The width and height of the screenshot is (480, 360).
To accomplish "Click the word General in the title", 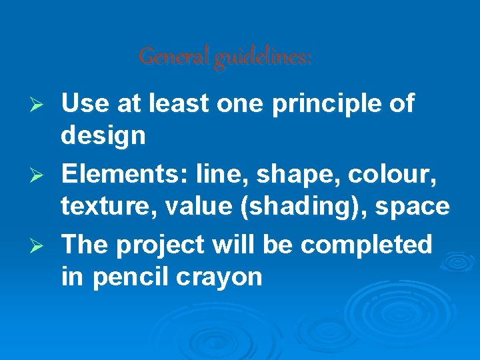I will coord(175,57).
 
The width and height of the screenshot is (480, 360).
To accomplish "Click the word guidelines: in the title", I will coord(263,59).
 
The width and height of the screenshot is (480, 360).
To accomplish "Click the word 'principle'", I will coord(326,105).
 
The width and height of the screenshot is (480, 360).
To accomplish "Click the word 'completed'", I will coord(367,245).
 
